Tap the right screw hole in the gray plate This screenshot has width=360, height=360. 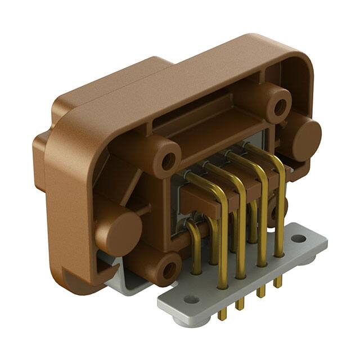(299, 238)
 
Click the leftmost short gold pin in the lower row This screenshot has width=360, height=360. (194, 253)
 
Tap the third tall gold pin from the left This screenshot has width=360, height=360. (260, 225)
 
